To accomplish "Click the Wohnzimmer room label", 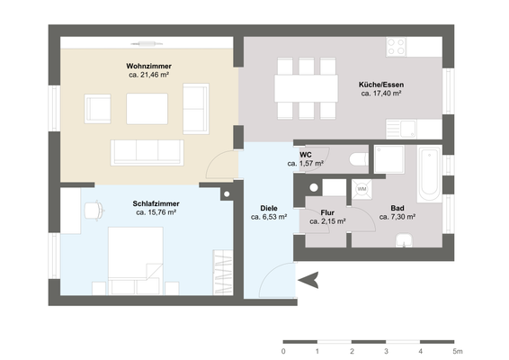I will (149, 67).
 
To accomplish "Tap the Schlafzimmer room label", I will (156, 203).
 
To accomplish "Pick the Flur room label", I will (326, 211).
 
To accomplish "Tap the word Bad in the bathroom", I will (396, 208).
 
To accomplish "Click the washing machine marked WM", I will (362, 189).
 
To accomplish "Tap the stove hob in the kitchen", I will (397, 44).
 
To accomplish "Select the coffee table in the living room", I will (146, 108).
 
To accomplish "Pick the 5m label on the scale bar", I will (458, 351).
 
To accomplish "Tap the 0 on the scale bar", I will (283, 351).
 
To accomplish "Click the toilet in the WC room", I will (359, 160).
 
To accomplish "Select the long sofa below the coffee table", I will (147, 151).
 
